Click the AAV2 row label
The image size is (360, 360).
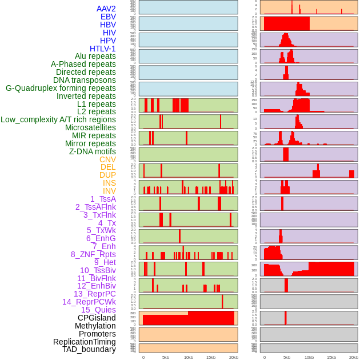point(106,9)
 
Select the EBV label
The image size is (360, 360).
point(107,17)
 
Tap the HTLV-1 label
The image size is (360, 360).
point(102,49)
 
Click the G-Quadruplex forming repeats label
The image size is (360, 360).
point(61,88)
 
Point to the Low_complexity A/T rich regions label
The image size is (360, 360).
point(58,119)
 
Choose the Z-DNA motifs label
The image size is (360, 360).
point(92,151)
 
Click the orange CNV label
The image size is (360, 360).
point(107,159)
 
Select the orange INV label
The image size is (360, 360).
point(109,191)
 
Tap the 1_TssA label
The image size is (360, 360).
point(103,199)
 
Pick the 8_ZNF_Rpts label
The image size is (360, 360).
point(93,254)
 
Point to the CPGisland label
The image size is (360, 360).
point(97,318)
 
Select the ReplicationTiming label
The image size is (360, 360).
point(85,342)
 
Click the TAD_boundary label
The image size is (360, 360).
point(89,349)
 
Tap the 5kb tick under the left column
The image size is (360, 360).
point(166,357)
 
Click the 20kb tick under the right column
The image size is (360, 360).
point(354,357)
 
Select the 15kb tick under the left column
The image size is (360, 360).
point(211,357)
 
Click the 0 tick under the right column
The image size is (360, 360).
point(264,357)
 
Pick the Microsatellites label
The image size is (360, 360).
point(90,127)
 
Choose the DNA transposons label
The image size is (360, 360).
point(85,80)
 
